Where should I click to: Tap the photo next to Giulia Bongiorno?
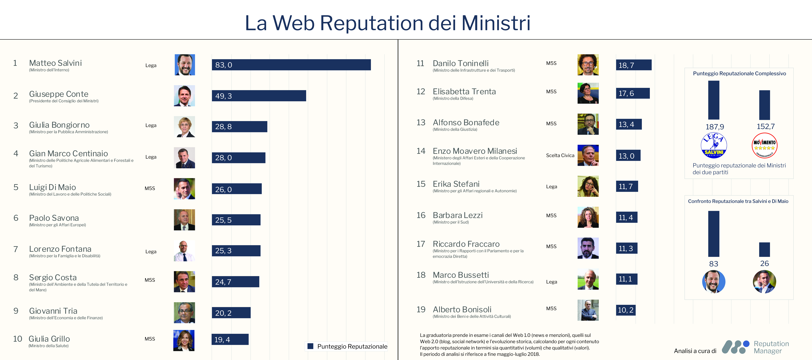(184, 127)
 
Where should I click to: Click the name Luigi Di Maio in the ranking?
(52, 187)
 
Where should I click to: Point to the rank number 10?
(17, 339)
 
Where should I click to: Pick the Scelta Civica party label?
(560, 155)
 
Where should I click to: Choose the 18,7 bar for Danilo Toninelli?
(634, 65)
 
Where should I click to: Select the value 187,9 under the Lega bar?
(715, 127)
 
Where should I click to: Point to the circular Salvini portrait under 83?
(714, 281)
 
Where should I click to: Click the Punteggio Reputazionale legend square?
(310, 346)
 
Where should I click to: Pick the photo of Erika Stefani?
(588, 186)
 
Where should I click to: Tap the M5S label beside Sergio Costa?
(150, 280)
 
